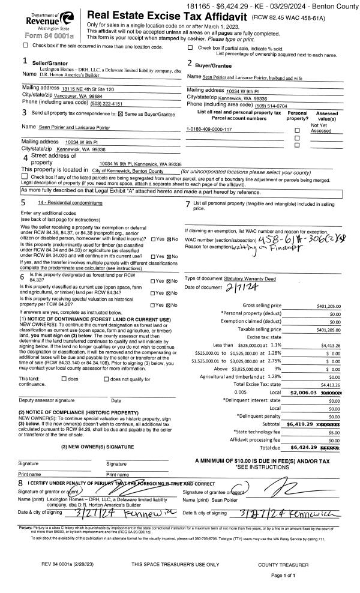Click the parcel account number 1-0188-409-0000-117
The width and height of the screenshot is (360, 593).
pos(210,129)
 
